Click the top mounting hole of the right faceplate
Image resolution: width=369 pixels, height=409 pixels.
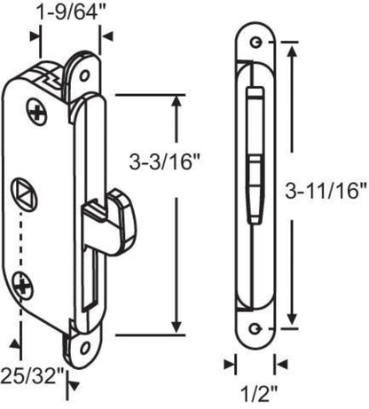tap(255, 43)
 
